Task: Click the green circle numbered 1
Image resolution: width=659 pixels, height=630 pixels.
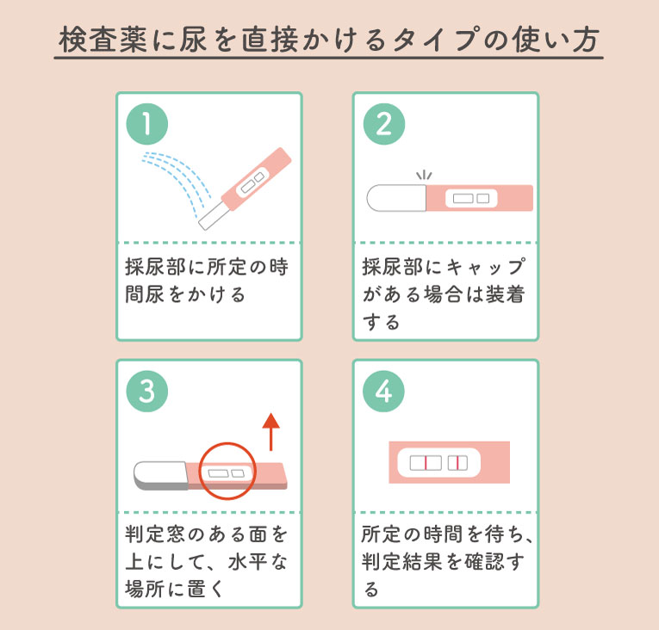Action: coord(147,125)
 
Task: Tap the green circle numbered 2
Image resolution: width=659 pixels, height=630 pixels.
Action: coord(384,125)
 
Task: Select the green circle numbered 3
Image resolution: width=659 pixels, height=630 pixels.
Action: coord(147,392)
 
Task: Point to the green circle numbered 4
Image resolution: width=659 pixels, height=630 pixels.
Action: coord(384,392)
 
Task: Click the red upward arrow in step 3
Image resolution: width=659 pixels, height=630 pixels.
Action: coord(271,431)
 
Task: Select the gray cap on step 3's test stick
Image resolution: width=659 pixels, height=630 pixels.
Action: coord(160,475)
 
